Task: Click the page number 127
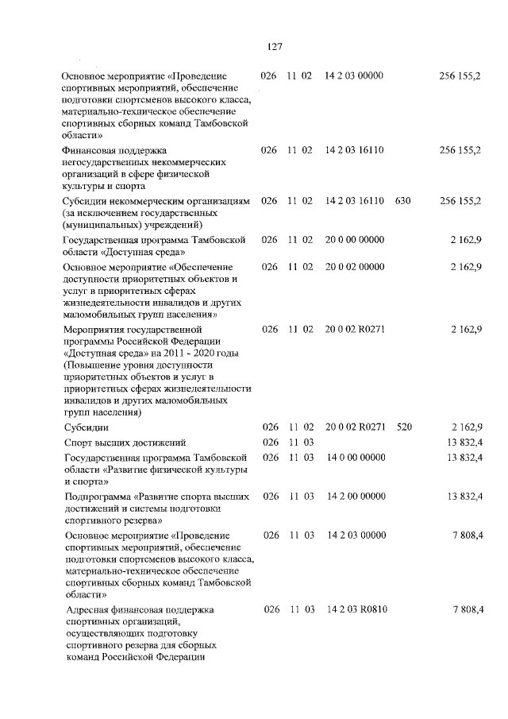click(275, 46)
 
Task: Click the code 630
click(402, 201)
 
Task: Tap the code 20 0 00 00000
click(355, 239)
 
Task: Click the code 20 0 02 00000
click(355, 267)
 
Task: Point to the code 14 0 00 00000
click(355, 458)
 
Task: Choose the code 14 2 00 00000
click(356, 496)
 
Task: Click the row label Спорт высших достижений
click(124, 443)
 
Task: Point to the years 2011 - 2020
click(206, 351)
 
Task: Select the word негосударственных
click(111, 160)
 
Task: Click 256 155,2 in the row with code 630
click(460, 201)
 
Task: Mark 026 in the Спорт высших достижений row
click(269, 442)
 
